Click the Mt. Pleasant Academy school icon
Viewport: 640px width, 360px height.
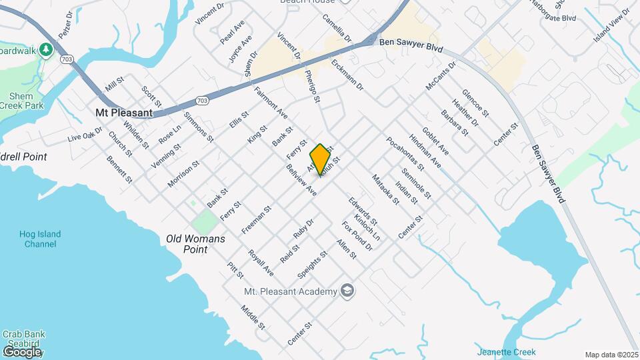[347, 291]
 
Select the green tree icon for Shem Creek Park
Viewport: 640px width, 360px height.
[45, 49]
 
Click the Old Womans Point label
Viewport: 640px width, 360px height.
[195, 243]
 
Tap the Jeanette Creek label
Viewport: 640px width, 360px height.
[501, 352]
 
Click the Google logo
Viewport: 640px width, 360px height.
[22, 351]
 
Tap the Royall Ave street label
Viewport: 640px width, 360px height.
[260, 263]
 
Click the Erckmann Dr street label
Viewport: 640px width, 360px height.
[347, 75]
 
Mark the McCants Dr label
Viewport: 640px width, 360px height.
[440, 77]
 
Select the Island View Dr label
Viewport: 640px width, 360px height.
[611, 25]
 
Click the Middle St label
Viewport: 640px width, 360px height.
[253, 317]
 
